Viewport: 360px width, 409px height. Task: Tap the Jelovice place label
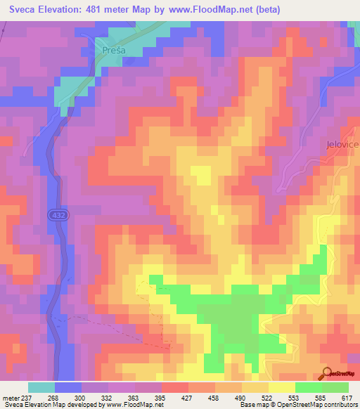[x=342, y=144]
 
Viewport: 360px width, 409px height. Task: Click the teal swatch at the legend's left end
[x=41, y=387]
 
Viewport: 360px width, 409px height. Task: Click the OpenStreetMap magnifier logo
[x=328, y=372]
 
